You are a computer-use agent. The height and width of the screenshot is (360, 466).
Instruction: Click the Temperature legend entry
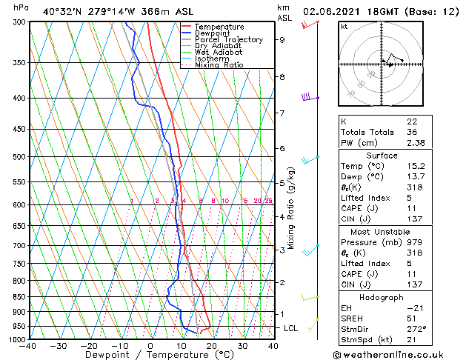[x=219, y=27]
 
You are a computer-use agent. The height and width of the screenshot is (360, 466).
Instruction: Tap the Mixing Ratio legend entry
[x=219, y=65]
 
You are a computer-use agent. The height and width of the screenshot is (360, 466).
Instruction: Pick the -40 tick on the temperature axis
[x=28, y=346]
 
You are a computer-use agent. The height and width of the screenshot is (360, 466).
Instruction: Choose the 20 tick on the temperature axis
[x=212, y=346]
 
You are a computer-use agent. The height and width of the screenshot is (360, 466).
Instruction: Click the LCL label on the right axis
[x=292, y=327]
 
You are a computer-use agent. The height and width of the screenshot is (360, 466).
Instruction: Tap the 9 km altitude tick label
[x=282, y=40]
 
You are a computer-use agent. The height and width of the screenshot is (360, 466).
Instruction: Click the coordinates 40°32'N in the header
[x=62, y=11]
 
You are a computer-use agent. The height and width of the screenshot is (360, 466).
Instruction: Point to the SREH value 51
[x=411, y=318]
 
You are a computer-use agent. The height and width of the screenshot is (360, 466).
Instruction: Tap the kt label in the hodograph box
[x=344, y=26]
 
